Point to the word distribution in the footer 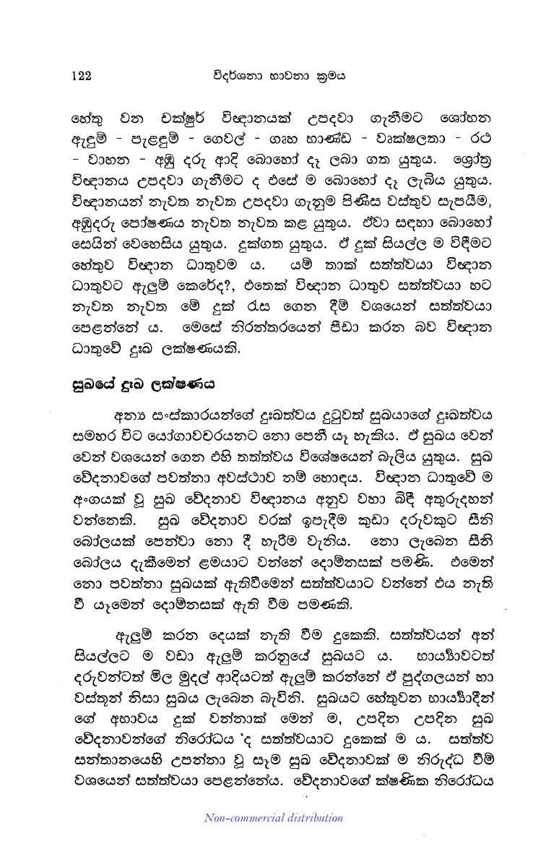coord(312,818)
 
